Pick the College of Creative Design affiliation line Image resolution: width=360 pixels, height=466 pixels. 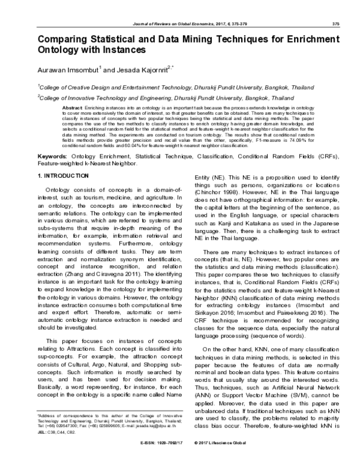tap(175, 86)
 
